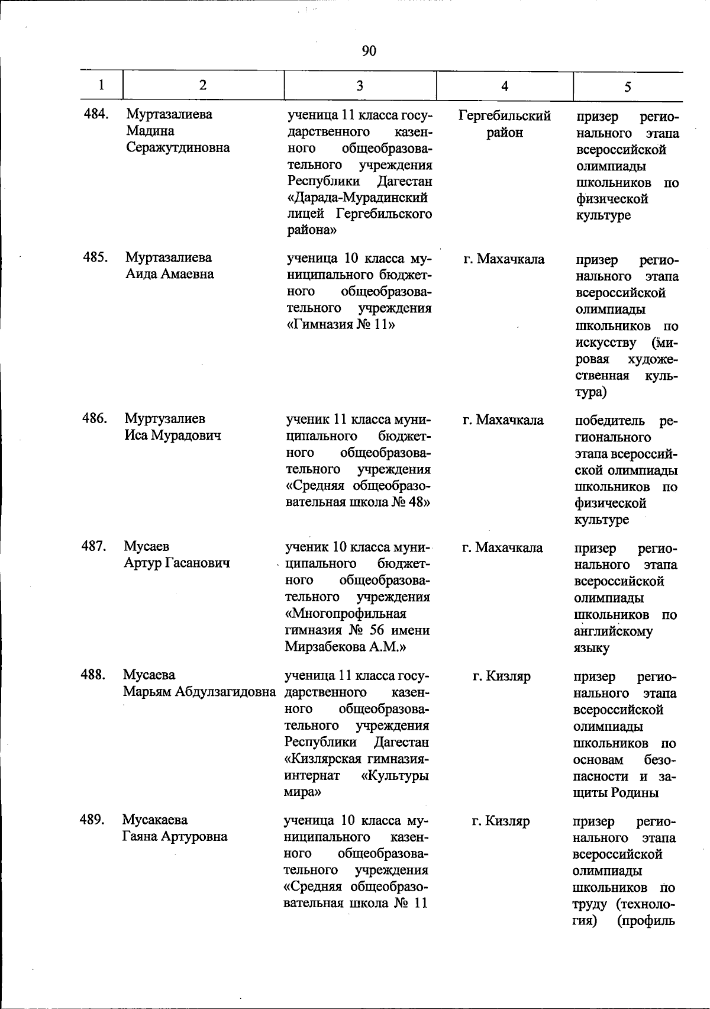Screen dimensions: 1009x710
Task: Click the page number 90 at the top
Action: (x=369, y=51)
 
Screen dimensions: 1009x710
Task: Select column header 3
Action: (x=360, y=86)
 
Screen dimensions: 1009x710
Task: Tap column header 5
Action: (x=628, y=86)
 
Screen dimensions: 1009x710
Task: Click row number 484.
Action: (x=96, y=114)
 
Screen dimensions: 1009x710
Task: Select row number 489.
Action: (x=92, y=820)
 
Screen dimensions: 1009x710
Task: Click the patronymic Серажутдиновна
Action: (x=178, y=147)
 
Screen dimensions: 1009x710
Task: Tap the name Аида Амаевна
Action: (x=169, y=274)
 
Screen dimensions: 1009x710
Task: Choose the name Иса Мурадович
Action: (x=173, y=435)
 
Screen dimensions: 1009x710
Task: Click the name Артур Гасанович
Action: (x=176, y=563)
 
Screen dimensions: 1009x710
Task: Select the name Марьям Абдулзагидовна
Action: (x=200, y=691)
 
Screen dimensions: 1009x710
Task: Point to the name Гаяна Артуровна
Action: (x=175, y=836)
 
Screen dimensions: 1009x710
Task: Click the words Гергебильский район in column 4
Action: (x=505, y=124)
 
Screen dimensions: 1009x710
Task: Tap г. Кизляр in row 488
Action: (x=502, y=676)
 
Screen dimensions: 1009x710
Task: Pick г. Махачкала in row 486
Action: (x=503, y=420)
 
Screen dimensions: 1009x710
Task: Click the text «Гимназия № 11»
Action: (x=340, y=325)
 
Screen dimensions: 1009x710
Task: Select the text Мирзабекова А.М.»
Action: (x=345, y=647)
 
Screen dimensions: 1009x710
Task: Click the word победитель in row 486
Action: (x=611, y=421)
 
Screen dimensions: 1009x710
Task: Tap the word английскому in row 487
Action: (x=613, y=631)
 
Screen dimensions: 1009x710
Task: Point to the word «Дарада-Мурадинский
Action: (x=357, y=197)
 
